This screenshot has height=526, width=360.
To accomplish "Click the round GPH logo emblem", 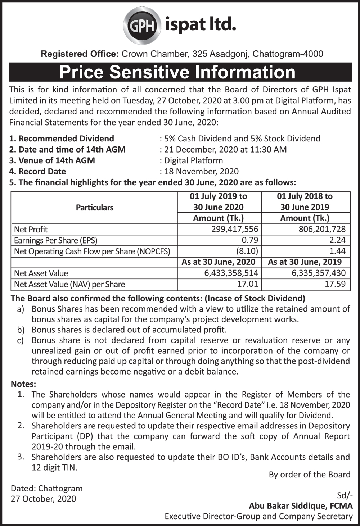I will coord(141,26).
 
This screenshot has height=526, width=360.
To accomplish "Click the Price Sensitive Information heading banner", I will coord(180,72).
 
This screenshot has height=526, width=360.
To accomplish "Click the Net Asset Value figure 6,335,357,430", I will coord(319,273).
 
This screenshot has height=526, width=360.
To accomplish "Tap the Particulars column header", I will coord(94,208).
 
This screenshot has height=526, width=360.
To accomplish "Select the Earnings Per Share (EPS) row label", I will coord(56,240).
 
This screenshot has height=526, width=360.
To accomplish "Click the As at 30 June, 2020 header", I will coord(219,262).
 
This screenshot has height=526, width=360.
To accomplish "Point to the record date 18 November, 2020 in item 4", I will coord(201,172).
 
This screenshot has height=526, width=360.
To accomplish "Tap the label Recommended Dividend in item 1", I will coord(66,139).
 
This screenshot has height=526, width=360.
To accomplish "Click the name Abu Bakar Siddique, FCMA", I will coord(301,506).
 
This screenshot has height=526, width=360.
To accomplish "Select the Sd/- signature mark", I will coord(345,495).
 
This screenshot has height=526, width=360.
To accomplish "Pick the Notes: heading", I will coord(23,384).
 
